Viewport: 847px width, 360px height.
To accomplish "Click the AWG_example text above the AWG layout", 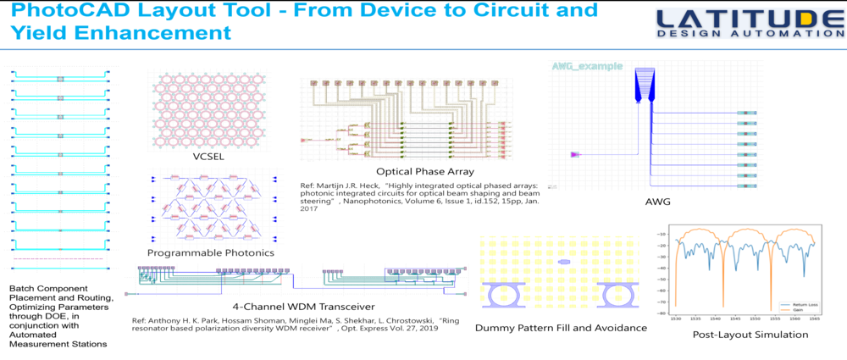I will (585, 66).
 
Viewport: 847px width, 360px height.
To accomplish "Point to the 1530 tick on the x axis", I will (677, 318).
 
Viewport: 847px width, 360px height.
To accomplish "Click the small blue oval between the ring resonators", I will (564, 263).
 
